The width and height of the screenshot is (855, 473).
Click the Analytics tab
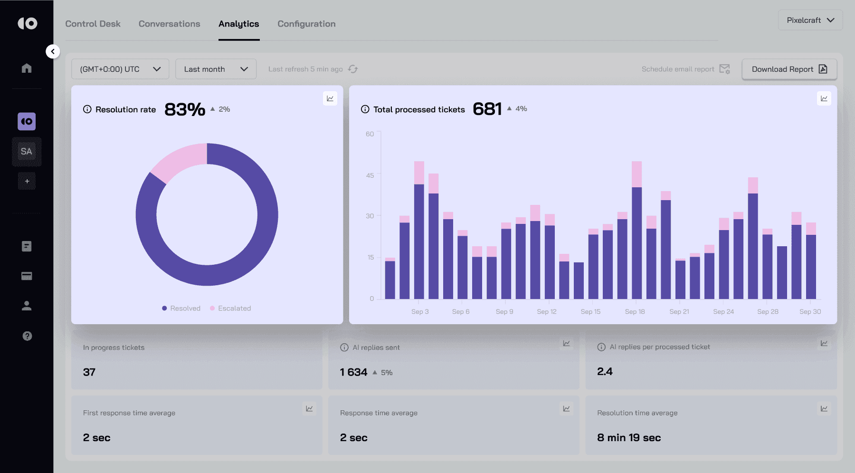[x=238, y=24]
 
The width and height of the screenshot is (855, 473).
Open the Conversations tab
[x=169, y=24]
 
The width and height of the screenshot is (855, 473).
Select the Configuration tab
[x=306, y=24]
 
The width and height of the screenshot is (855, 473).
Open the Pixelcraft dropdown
[x=810, y=20]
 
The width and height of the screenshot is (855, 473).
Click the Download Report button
[x=789, y=69]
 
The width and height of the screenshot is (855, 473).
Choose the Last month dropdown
[x=216, y=69]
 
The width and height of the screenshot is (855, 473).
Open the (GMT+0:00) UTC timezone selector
[x=120, y=69]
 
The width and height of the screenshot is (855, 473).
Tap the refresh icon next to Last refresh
[x=353, y=69]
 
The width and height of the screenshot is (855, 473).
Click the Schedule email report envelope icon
[x=724, y=69]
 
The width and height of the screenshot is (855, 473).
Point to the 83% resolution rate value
[x=185, y=109]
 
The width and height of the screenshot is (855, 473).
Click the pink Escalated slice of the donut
[x=177, y=162]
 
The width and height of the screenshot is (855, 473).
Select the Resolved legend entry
[x=181, y=308]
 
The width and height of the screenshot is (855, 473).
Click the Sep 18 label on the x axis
[x=635, y=312]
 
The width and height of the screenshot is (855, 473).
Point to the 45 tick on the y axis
[x=370, y=175]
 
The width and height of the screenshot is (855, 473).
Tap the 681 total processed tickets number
[x=487, y=109]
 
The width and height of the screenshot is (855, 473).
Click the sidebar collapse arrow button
[x=53, y=51]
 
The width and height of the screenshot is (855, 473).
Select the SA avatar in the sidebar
[x=27, y=152]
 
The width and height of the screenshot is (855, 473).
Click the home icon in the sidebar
[x=27, y=68]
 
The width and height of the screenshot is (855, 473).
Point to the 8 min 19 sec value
[x=629, y=438]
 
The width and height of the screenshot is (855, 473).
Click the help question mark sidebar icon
[x=27, y=336]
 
